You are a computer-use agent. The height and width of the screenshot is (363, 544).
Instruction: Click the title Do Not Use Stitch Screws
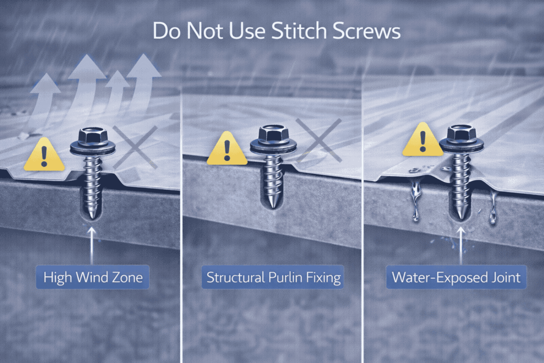point(276,31)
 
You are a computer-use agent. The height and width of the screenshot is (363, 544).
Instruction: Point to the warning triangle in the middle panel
point(227,149)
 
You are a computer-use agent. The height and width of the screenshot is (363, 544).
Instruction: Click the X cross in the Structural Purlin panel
point(318,140)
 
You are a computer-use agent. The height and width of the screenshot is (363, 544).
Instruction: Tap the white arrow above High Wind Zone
point(92,244)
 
